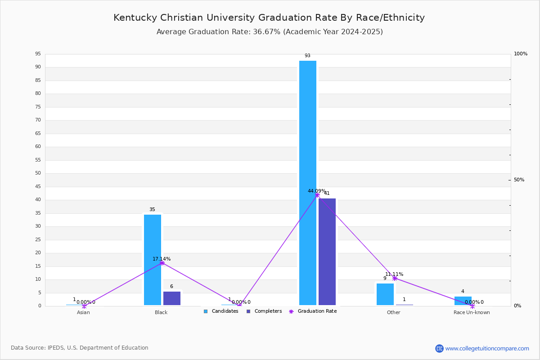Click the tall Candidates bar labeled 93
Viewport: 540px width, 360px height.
[x=308, y=183]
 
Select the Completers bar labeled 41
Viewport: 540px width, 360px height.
[x=327, y=252]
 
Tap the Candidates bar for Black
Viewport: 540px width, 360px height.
[x=153, y=260]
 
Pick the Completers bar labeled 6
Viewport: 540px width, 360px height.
[x=171, y=298]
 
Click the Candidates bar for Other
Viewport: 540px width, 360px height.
[x=385, y=294]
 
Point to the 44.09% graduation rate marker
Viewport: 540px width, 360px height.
[x=317, y=195]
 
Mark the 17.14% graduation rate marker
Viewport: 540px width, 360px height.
[x=162, y=263]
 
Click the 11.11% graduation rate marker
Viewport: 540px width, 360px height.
[x=395, y=278]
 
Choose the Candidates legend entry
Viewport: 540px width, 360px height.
[x=221, y=311]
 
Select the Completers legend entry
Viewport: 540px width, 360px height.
[x=264, y=311]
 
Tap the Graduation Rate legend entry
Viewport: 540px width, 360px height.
[x=313, y=311]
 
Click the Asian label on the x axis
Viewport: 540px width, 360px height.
[x=83, y=312]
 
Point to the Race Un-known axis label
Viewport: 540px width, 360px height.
[x=472, y=312]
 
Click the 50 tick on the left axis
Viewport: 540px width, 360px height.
[x=38, y=173]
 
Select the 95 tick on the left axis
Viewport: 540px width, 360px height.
[x=38, y=54]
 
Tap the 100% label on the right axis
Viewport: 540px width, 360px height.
[x=521, y=54]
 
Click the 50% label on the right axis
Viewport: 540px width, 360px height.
[x=519, y=180]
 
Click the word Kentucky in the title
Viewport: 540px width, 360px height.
[x=135, y=18]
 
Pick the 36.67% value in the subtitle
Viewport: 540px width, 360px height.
[x=266, y=32]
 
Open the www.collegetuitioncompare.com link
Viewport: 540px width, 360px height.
[x=487, y=348]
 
